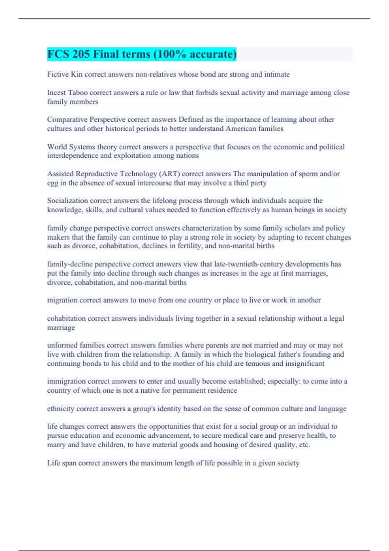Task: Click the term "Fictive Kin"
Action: click(x=65, y=74)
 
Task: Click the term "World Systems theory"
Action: click(x=82, y=147)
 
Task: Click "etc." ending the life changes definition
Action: click(x=304, y=445)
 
